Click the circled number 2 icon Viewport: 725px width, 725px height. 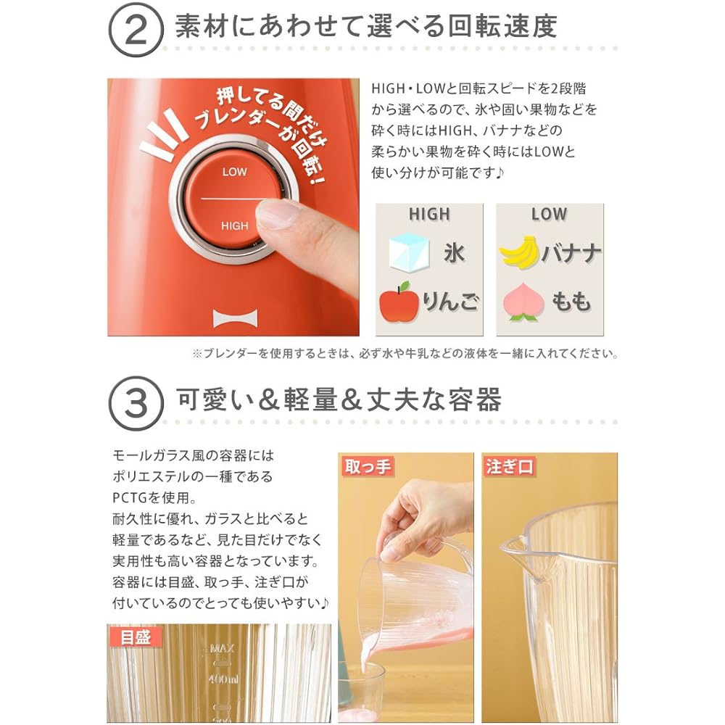tap(136, 30)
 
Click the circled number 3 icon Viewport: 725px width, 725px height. tap(136, 403)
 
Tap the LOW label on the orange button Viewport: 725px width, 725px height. tap(234, 172)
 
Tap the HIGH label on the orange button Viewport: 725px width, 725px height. tap(234, 225)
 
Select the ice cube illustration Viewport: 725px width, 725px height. tap(409, 252)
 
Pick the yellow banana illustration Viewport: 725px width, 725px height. tap(520, 252)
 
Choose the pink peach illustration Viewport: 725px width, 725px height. tap(523, 302)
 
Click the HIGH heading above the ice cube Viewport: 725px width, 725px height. tap(429, 214)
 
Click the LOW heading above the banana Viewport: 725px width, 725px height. tap(549, 214)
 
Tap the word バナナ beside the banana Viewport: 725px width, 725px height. tap(571, 253)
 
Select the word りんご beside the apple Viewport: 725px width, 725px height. tap(451, 302)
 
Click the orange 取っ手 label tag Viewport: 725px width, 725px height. tap(368, 466)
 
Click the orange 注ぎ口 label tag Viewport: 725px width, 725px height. tap(509, 466)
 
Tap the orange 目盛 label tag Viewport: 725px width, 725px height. tap(136, 637)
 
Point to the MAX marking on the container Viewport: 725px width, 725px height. tap(223, 648)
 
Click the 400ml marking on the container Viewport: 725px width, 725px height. tap(223, 679)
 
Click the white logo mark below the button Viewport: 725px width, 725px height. tap(236, 318)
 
